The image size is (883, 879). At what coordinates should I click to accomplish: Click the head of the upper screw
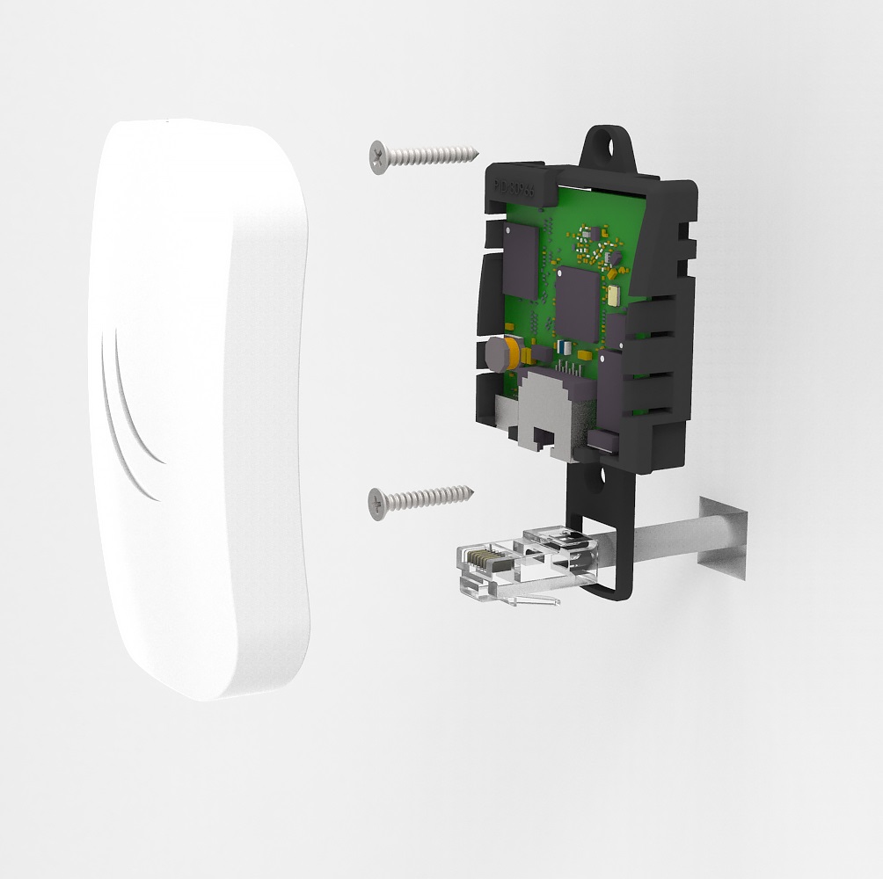[379, 155]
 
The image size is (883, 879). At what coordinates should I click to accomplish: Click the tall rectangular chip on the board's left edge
[518, 259]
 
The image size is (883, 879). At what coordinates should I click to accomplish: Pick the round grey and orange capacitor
[499, 353]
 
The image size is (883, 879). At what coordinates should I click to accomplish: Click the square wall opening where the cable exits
[723, 538]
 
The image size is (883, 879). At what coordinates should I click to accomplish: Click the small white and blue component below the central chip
[562, 346]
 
